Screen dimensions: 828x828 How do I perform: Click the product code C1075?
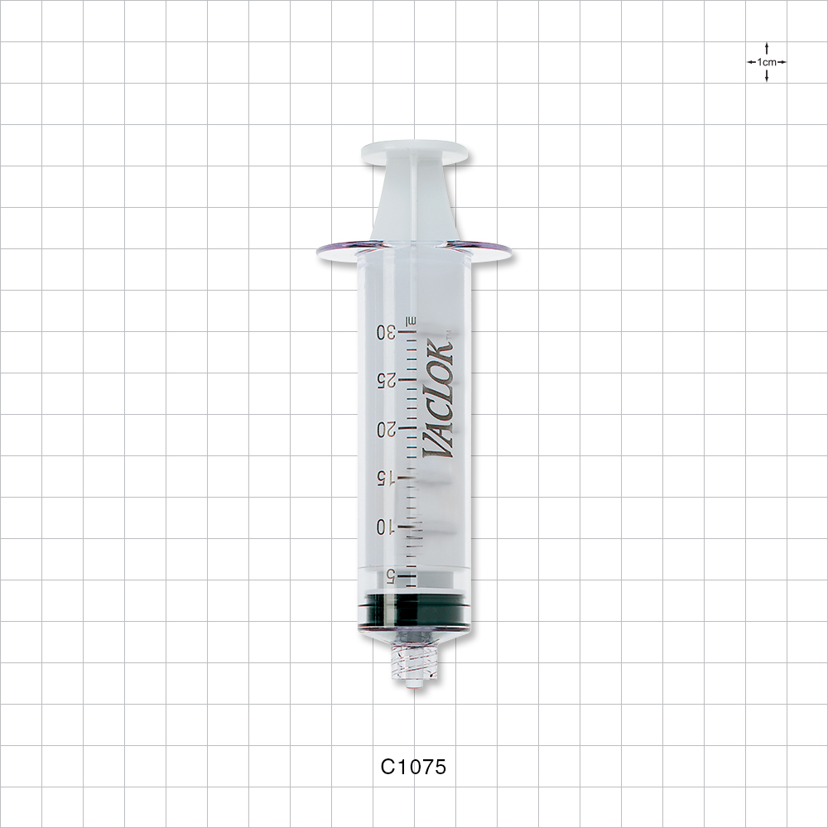click(413, 767)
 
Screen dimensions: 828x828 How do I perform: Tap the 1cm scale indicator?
click(766, 62)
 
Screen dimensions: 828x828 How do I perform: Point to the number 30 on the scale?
click(386, 332)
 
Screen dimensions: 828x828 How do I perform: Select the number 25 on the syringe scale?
click(386, 380)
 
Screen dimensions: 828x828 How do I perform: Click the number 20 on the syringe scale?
click(386, 429)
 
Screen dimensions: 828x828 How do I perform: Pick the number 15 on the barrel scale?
click(386, 478)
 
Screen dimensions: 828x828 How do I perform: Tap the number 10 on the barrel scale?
click(386, 527)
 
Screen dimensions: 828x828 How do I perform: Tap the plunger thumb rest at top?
click(414, 153)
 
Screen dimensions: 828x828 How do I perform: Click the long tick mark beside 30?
click(407, 331)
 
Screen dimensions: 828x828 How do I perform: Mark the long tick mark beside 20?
click(407, 429)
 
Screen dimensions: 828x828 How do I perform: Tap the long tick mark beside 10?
click(407, 526)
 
